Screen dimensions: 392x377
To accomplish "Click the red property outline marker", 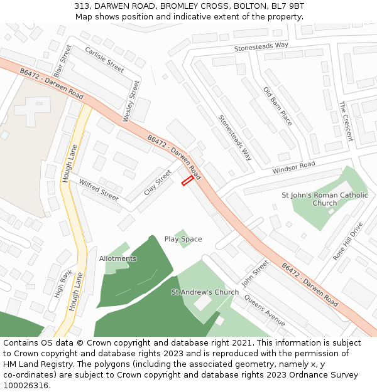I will coord(187,181).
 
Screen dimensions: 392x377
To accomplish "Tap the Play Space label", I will coord(183,239).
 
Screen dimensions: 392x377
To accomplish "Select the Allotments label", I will coord(117,258).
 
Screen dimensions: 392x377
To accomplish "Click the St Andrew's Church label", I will coord(205,292).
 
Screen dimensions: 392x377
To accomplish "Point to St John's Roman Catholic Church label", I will coord(325,199).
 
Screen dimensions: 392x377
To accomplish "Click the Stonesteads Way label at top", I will coord(261,46).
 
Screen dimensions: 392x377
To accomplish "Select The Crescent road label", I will coord(346,121).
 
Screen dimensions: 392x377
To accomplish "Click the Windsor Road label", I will coord(293,168).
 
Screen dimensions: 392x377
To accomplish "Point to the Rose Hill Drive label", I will coord(348,241).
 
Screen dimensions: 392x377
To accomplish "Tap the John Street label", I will coord(255,273).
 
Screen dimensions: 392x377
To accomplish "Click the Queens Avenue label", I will coord(265,307).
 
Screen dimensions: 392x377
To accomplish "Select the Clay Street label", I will coord(157,183).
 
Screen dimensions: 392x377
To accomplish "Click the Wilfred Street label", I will coord(99,190).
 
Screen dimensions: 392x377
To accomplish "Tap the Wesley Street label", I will coord(131,101).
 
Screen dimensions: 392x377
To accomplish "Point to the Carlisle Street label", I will coord(104,60).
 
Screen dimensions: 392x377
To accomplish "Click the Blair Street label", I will coord(62,61).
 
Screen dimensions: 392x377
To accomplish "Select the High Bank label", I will coord(62,283).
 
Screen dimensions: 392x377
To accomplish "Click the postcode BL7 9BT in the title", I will coord(287,6).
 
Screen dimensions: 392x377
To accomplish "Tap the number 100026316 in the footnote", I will coord(25,386).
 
